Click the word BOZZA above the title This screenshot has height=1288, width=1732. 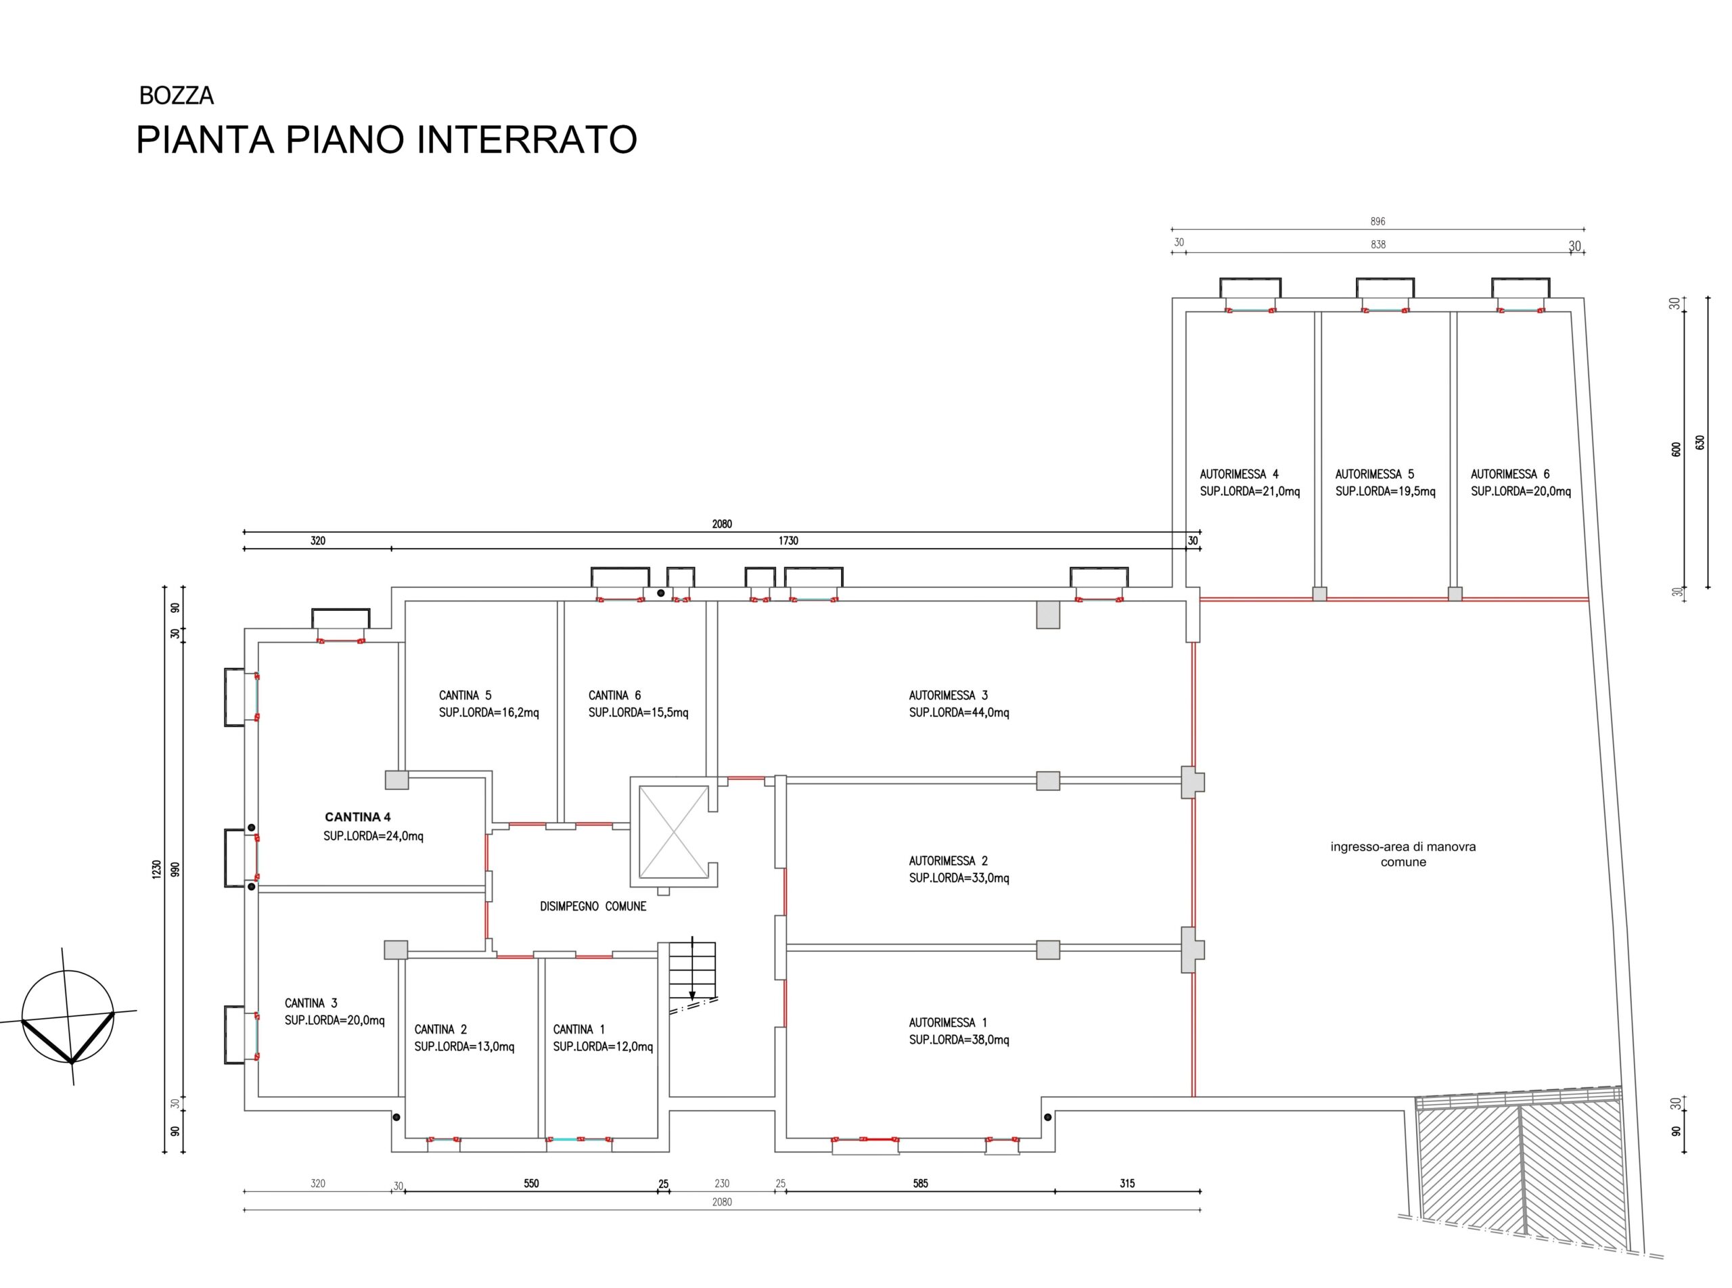click(x=176, y=96)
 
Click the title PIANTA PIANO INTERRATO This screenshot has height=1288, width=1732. click(x=386, y=139)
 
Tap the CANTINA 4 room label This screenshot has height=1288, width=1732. click(x=357, y=817)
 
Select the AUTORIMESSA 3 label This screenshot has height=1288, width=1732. click(x=949, y=695)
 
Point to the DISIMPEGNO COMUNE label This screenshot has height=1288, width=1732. click(x=593, y=906)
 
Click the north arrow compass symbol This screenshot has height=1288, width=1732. click(x=68, y=1017)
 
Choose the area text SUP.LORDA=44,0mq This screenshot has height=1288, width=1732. click(x=959, y=712)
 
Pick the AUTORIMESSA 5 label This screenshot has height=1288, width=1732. click(x=1374, y=474)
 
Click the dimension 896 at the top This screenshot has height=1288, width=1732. click(x=1378, y=221)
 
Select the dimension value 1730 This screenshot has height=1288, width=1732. click(x=788, y=540)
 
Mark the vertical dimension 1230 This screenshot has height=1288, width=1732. click(x=156, y=869)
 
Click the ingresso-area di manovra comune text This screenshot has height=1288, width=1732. click(x=1403, y=854)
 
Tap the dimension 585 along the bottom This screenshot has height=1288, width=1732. click(x=920, y=1184)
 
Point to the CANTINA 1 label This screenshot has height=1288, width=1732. click(x=578, y=1029)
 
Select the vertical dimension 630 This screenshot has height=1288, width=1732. click(x=1701, y=442)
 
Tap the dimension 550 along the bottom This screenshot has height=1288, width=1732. click(x=531, y=1184)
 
